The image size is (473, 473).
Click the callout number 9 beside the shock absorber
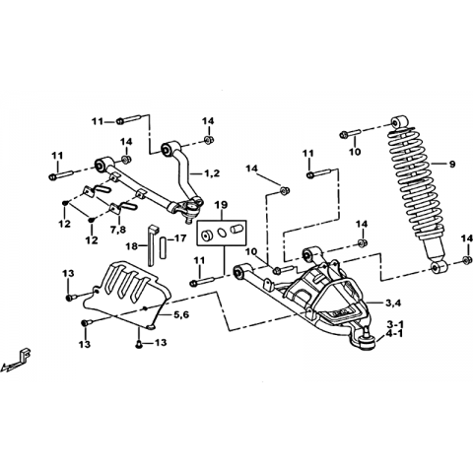[x=452, y=164]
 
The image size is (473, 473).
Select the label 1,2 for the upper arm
[x=212, y=173]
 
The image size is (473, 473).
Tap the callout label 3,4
[x=393, y=304]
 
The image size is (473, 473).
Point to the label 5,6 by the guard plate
[x=181, y=314]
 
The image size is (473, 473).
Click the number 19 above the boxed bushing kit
[x=221, y=205]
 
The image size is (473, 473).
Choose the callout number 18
[x=132, y=246]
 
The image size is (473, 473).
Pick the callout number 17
[x=179, y=238]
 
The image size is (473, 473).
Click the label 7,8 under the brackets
[x=118, y=230]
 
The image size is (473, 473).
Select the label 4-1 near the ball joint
[x=395, y=334]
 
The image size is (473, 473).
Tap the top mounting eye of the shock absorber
[x=398, y=122]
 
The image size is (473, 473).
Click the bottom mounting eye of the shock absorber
[x=439, y=267]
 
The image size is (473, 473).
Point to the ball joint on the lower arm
[x=366, y=341]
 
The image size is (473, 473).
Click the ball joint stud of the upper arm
[x=188, y=218]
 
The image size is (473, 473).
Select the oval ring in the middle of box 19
[x=222, y=233]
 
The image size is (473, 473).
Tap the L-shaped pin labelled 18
[x=152, y=245]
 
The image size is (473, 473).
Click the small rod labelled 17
[x=163, y=247]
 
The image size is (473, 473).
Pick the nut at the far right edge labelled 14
[x=465, y=259]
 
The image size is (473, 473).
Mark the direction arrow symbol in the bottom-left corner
[x=17, y=360]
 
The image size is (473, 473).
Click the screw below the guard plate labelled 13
[x=139, y=344]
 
